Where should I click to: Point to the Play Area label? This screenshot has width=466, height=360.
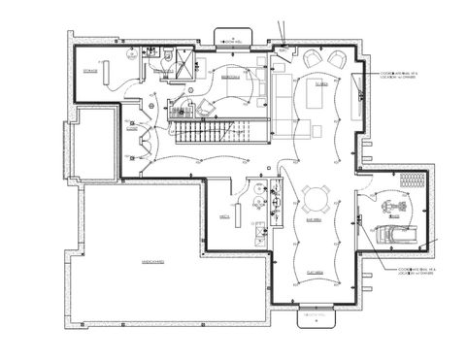pos(316,273)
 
